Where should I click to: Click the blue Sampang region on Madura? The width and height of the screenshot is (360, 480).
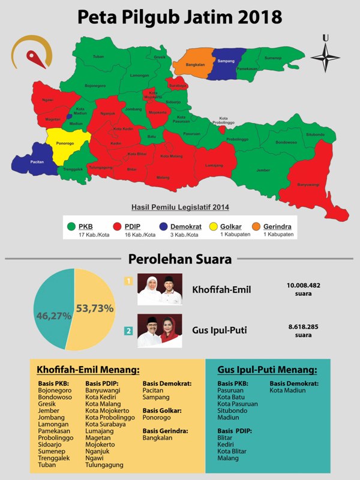click(226, 62)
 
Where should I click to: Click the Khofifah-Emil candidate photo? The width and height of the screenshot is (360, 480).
click(160, 290)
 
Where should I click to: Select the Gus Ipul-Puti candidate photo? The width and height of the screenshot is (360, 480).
click(160, 331)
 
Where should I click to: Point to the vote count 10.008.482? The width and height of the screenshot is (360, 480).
click(302, 285)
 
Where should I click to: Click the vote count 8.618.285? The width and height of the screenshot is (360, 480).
click(302, 326)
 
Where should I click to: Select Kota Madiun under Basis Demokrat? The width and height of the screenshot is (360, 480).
click(288, 391)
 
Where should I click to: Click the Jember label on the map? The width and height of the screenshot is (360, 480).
click(262, 170)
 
